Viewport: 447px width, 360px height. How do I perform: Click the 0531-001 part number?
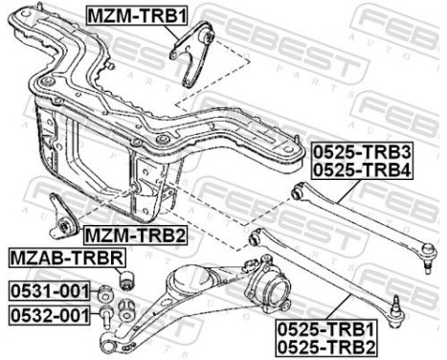click(x=49, y=290)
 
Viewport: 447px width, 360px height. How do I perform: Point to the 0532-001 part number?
click(x=49, y=312)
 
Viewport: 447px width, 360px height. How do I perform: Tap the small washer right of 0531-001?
click(x=106, y=290)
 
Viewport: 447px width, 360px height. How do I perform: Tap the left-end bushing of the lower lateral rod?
click(x=254, y=235)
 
